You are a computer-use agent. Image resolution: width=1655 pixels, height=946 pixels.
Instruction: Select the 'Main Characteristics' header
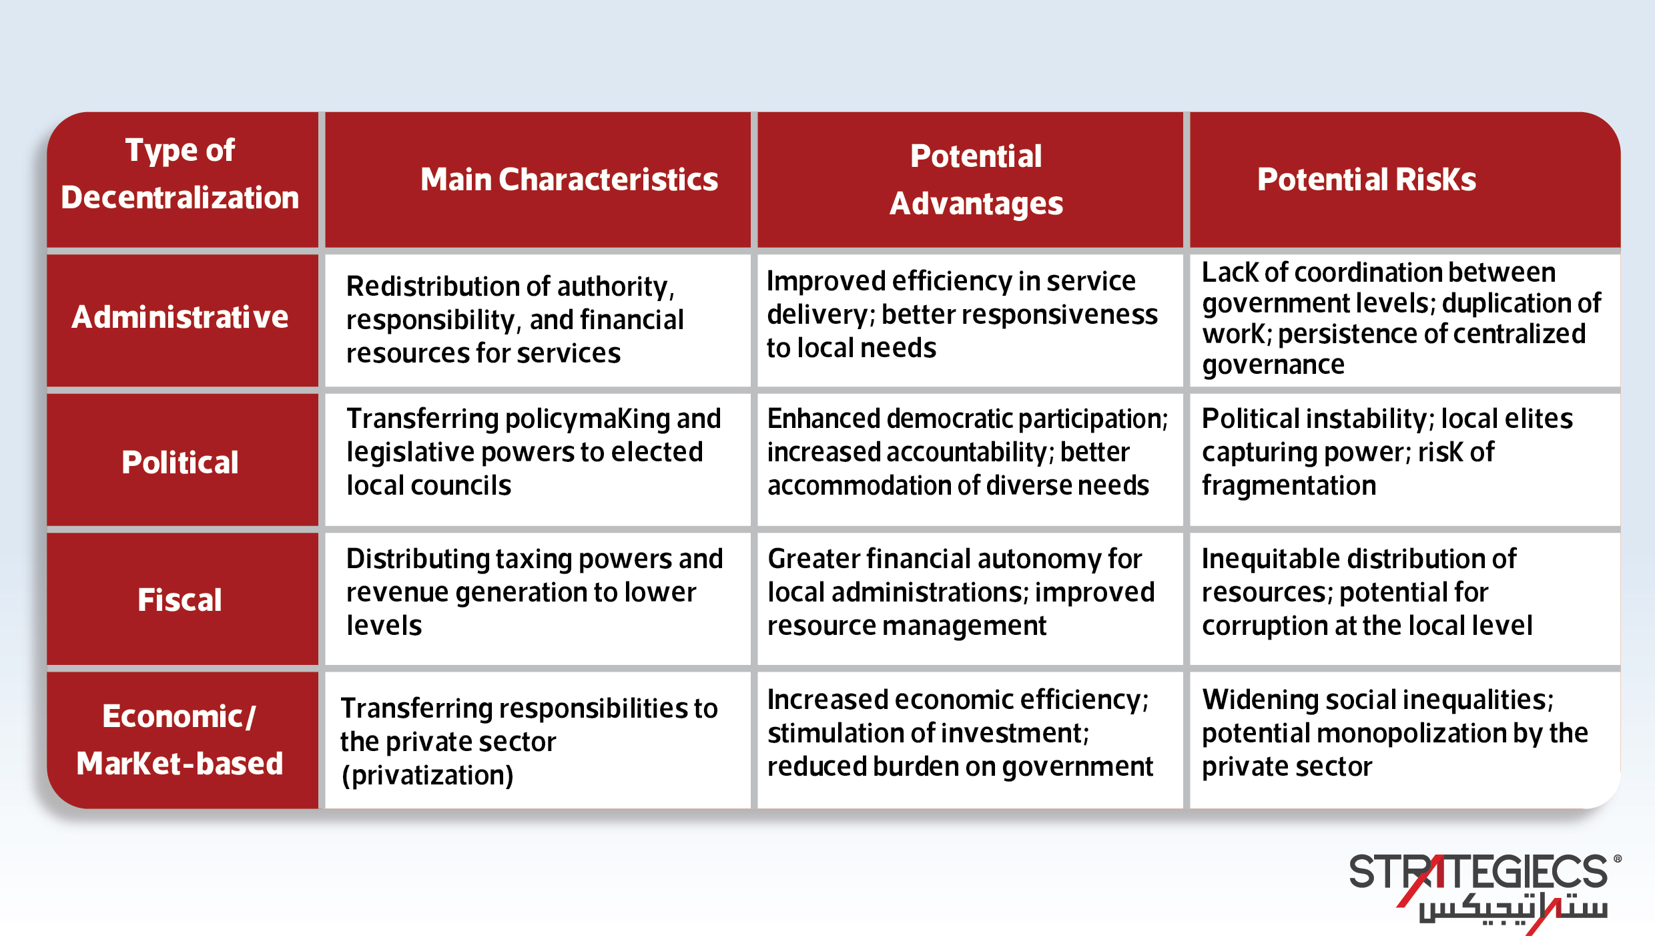569,180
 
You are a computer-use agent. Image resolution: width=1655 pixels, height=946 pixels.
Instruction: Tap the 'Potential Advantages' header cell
976,180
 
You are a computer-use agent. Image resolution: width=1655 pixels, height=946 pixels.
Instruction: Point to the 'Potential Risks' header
1366,180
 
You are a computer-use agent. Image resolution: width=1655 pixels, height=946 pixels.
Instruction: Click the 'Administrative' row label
180,317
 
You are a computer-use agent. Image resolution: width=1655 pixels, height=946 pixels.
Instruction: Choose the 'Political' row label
180,462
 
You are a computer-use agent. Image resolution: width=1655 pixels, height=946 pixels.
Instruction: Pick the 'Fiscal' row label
180,600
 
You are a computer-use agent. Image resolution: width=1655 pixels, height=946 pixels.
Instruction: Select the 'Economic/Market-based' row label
180,740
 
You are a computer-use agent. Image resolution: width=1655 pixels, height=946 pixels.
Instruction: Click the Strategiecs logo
1481,888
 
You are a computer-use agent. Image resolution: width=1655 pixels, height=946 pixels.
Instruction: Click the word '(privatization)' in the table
427,775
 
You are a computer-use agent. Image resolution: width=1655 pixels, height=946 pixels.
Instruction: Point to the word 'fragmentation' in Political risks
1289,485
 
